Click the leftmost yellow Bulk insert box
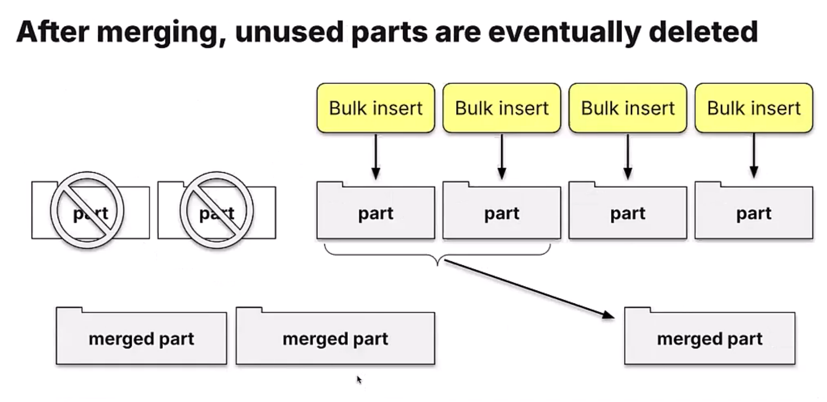click(x=375, y=108)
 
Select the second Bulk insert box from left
click(x=502, y=108)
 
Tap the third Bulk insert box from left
click(x=628, y=108)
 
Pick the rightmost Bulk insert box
click(x=754, y=108)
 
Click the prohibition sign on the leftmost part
click(x=87, y=210)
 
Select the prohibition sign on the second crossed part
click(x=217, y=210)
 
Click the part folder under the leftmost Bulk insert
click(x=375, y=212)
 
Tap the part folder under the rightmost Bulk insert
click(x=754, y=212)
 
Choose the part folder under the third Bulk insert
click(x=628, y=212)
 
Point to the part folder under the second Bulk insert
click(x=502, y=212)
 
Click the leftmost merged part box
click(x=141, y=338)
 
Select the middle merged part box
click(x=335, y=338)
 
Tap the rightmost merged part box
click(x=710, y=338)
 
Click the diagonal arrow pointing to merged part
click(x=529, y=288)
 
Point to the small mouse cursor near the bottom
click(x=359, y=379)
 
